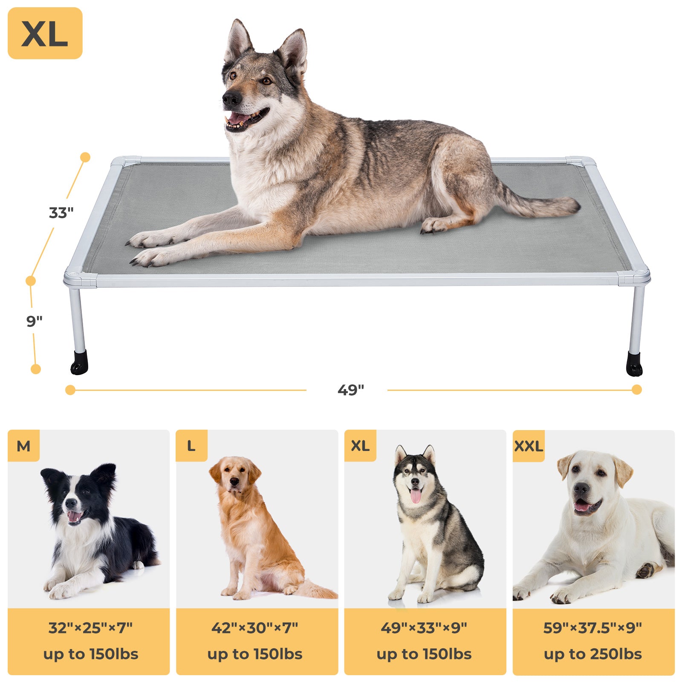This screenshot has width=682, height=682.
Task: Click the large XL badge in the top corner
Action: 45,33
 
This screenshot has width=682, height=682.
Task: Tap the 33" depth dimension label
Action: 61,212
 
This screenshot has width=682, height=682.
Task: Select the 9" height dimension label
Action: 35,321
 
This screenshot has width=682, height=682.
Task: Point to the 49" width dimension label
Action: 350,390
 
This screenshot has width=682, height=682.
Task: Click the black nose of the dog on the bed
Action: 231,99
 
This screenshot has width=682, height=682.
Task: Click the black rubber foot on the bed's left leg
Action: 79,363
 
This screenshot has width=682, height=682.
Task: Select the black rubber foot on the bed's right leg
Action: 634,364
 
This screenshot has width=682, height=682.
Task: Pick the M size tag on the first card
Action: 23,446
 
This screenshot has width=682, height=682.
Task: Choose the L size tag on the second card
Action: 191,446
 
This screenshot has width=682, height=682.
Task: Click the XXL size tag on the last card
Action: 529,446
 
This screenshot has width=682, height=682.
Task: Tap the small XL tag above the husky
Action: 360,446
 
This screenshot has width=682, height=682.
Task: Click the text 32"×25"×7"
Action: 90,628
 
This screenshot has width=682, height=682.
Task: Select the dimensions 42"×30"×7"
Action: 255,628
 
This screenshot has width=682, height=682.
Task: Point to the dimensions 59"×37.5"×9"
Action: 592,628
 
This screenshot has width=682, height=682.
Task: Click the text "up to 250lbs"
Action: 592,654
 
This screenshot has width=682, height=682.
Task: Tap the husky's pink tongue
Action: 416,496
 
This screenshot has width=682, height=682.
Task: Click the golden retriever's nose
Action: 234,482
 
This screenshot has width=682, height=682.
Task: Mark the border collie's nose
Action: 71,503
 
